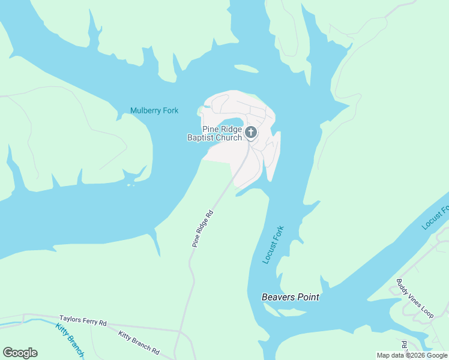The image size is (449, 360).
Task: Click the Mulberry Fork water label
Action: point(154,110)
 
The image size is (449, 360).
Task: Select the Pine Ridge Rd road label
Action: point(203,228)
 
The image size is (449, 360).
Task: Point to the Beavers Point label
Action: point(290,297)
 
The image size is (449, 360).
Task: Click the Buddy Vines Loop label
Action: point(414,298)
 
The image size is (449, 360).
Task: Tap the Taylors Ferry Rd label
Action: point(83,322)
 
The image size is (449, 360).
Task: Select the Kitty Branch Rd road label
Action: point(138,342)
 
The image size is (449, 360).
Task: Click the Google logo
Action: point(20,353)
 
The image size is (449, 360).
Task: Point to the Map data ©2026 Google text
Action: point(412,355)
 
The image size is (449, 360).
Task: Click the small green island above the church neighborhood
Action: point(246,69)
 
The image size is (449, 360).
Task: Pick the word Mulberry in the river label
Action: point(146,110)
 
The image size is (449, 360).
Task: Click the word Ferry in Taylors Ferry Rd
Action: point(88,322)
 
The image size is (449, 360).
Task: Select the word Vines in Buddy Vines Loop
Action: point(414,298)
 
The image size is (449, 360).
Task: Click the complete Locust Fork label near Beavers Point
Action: point(273,245)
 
